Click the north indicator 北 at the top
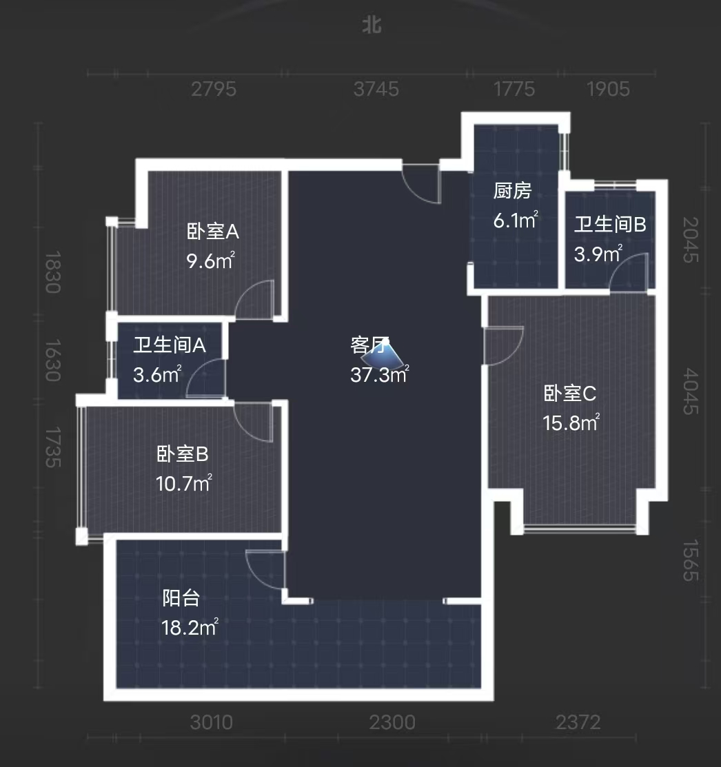[x=372, y=25]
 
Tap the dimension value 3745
[x=376, y=89]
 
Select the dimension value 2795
[x=214, y=89]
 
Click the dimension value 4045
[x=691, y=392]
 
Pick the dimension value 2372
[x=578, y=722]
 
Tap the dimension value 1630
[x=53, y=360]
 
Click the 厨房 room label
[x=513, y=191]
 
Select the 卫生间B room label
[x=610, y=225]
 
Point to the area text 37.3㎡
[x=379, y=375]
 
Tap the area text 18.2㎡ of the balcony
[x=190, y=628]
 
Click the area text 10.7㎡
[x=183, y=484]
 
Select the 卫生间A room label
[x=170, y=345]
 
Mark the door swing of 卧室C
[x=503, y=346]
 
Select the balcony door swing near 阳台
[x=266, y=569]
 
